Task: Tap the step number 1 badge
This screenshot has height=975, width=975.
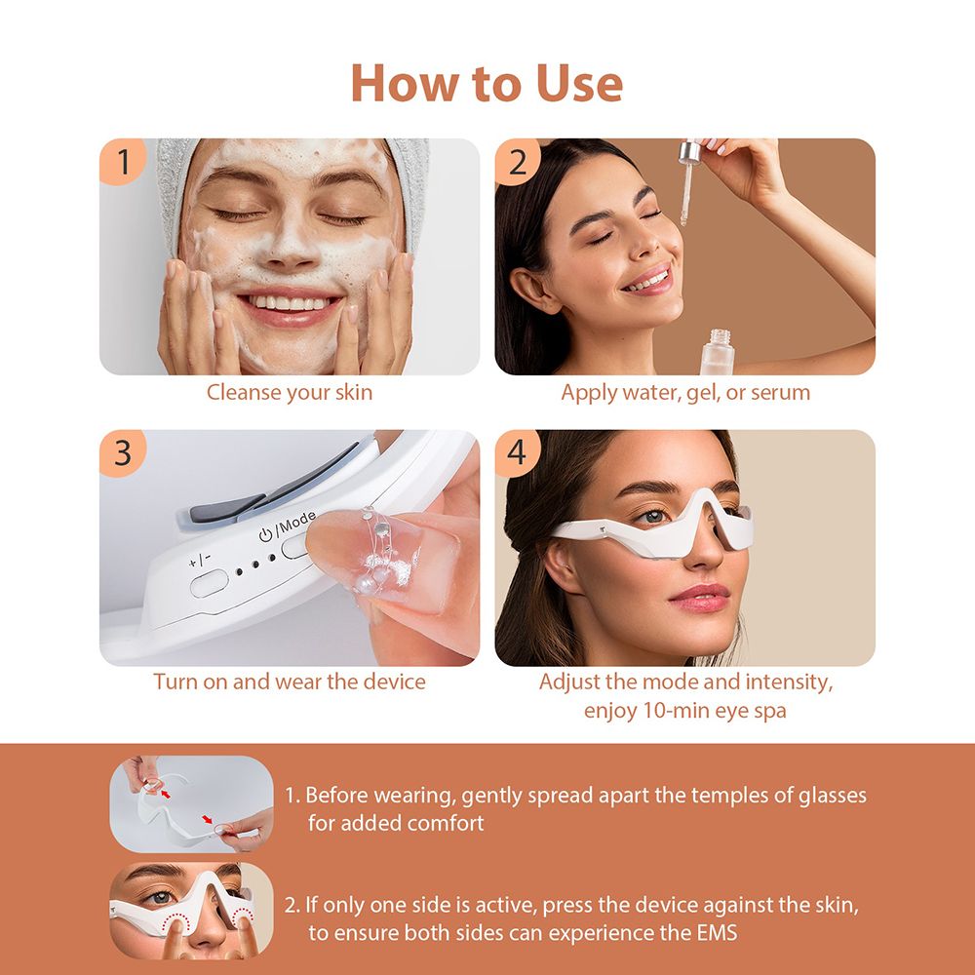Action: point(123,162)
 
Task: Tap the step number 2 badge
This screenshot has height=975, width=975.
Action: point(518,162)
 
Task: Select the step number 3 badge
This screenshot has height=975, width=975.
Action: point(123,453)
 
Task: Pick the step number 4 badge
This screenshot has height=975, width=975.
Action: point(518,453)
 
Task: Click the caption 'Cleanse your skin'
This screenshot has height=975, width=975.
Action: point(289,393)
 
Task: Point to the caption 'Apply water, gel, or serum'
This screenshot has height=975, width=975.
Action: point(684,393)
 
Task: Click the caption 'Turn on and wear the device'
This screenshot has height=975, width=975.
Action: point(289,682)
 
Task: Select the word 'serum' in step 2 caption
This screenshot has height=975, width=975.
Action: point(780,393)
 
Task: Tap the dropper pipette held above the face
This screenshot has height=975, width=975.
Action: point(688,180)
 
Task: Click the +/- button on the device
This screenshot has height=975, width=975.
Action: point(207,584)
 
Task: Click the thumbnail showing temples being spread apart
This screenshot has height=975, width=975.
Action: point(191,802)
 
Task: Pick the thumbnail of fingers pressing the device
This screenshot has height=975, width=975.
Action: point(191,910)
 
